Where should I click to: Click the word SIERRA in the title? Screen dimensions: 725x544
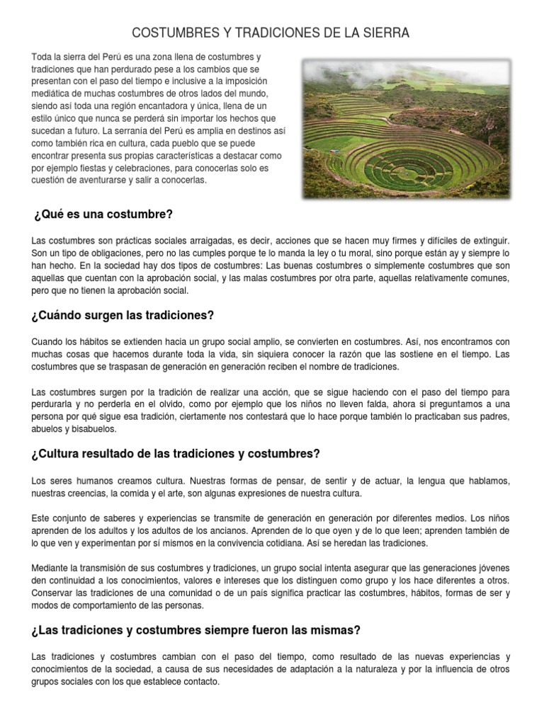(x=385, y=33)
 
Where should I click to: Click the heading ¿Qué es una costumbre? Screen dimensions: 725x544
(x=103, y=214)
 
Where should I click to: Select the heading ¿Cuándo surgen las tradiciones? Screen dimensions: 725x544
(x=123, y=315)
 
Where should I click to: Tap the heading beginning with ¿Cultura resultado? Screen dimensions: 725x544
(x=176, y=453)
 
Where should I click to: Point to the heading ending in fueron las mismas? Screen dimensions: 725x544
(x=195, y=629)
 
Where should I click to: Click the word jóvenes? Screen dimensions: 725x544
(x=494, y=569)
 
